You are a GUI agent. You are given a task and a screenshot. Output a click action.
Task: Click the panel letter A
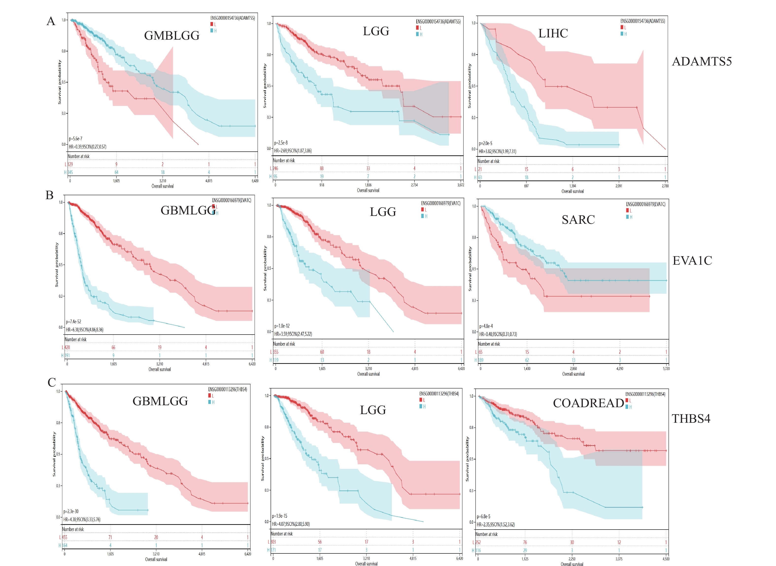(x=51, y=21)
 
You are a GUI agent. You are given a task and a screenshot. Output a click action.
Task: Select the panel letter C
(x=52, y=382)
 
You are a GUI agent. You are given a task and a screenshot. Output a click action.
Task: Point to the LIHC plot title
(x=553, y=33)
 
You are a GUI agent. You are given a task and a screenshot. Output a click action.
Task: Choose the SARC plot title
(x=578, y=220)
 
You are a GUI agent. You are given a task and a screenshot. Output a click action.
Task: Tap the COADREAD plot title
(x=589, y=403)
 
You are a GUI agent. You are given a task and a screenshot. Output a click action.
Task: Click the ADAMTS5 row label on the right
(x=702, y=62)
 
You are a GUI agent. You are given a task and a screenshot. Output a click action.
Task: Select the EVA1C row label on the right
(x=692, y=261)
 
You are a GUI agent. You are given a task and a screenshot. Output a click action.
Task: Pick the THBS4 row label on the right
(x=691, y=419)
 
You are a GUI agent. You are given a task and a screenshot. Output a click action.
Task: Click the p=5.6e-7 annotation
(x=75, y=139)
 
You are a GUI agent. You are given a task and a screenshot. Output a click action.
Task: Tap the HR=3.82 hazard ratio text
(x=497, y=151)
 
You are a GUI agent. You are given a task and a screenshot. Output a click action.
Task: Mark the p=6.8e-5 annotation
(x=483, y=516)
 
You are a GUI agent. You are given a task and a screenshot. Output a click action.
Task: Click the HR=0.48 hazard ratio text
(x=498, y=334)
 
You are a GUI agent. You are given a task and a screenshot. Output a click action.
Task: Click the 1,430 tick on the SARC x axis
(x=527, y=369)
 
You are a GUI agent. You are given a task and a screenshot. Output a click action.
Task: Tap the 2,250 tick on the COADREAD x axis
(x=572, y=559)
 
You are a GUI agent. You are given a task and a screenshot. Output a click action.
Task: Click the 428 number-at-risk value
(x=67, y=347)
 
